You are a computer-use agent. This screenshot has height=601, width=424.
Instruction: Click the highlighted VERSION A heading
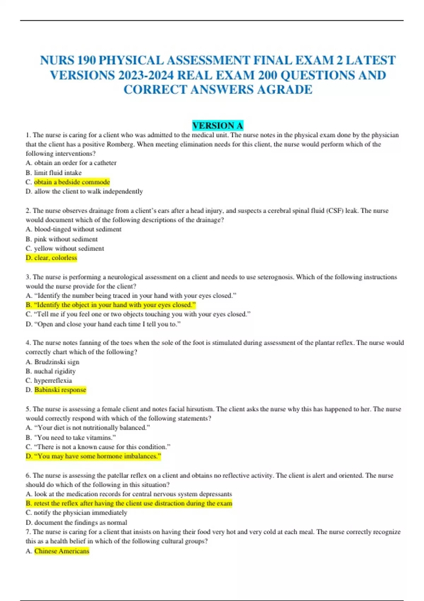(218, 126)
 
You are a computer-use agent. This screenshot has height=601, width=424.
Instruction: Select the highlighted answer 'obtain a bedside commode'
(72, 182)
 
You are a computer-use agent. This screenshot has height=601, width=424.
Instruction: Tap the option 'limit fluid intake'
(58, 173)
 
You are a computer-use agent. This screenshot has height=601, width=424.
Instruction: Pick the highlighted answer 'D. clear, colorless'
(51, 258)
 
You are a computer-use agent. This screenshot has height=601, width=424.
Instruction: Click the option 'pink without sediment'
(66, 239)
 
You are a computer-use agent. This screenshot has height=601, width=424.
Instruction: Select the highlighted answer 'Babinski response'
(60, 390)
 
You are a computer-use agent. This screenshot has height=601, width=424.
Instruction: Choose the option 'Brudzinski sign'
(57, 362)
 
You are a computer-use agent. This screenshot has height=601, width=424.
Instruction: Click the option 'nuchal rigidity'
(55, 371)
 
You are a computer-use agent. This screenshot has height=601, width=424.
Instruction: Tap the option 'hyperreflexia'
(53, 380)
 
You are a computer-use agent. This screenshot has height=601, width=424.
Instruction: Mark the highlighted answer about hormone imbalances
(93, 456)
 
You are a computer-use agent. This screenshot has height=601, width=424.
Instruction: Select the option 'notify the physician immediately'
(80, 513)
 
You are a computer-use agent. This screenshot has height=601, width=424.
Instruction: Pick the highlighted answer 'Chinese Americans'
(61, 551)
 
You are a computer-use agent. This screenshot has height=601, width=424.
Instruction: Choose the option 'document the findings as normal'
(81, 522)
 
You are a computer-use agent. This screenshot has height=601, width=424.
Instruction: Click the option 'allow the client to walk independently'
(88, 191)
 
